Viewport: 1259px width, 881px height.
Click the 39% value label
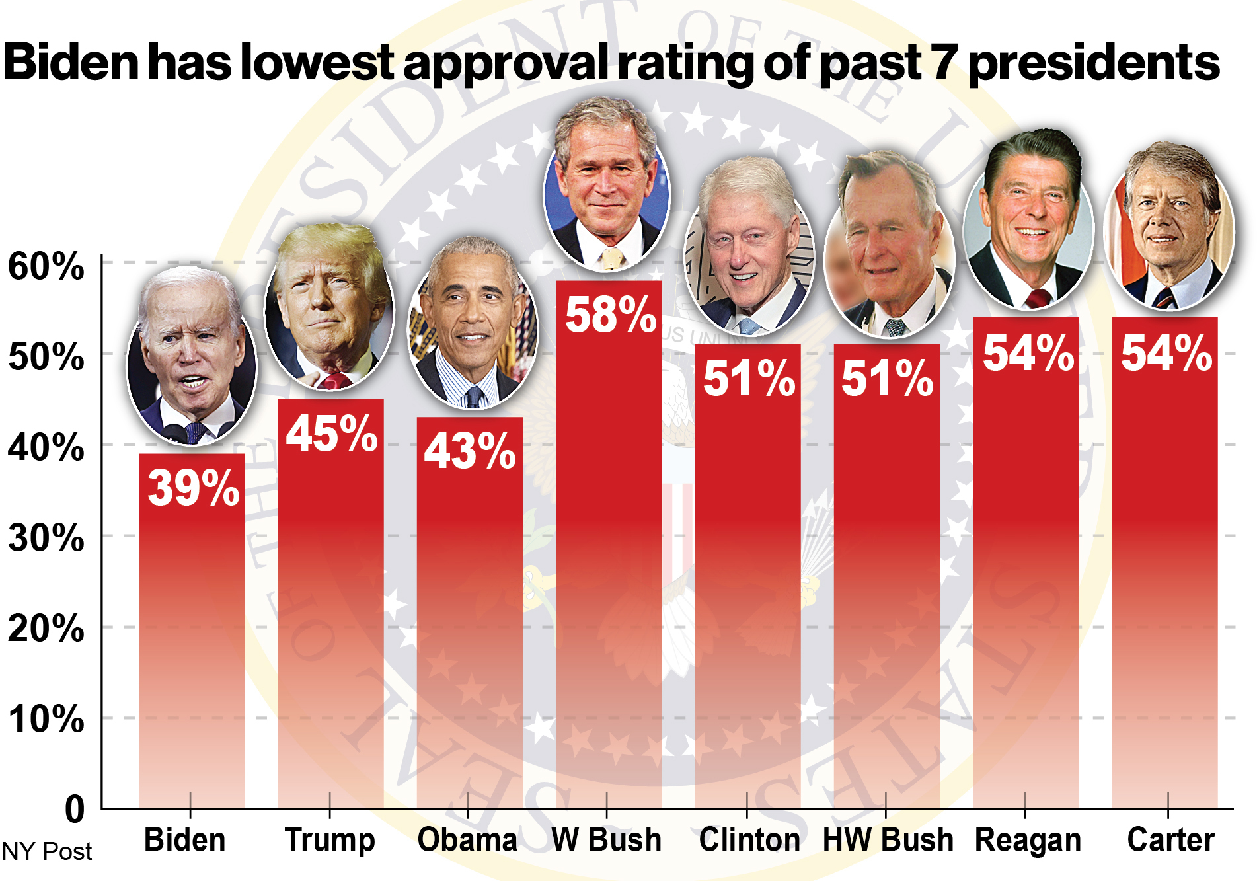(x=193, y=488)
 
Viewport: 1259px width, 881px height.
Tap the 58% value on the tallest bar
(x=611, y=315)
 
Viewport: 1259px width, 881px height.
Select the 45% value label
(x=332, y=434)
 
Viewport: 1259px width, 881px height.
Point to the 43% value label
(x=470, y=451)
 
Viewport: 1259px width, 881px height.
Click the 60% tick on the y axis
(x=46, y=266)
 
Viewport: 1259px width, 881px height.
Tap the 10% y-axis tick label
(x=46, y=718)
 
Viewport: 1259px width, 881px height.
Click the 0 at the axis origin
(x=75, y=809)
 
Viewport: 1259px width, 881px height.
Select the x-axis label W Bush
(x=606, y=839)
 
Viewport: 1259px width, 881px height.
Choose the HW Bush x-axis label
(x=888, y=839)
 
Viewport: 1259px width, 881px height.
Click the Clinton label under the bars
(x=749, y=839)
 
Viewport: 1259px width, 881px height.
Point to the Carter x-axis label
(x=1170, y=839)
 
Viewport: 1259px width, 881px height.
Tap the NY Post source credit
(x=47, y=851)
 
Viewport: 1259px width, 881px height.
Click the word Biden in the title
(x=71, y=61)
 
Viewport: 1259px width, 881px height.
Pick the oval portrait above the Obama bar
(x=473, y=323)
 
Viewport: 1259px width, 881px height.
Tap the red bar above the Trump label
(x=330, y=603)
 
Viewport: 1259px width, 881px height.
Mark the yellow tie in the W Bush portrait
(x=611, y=258)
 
